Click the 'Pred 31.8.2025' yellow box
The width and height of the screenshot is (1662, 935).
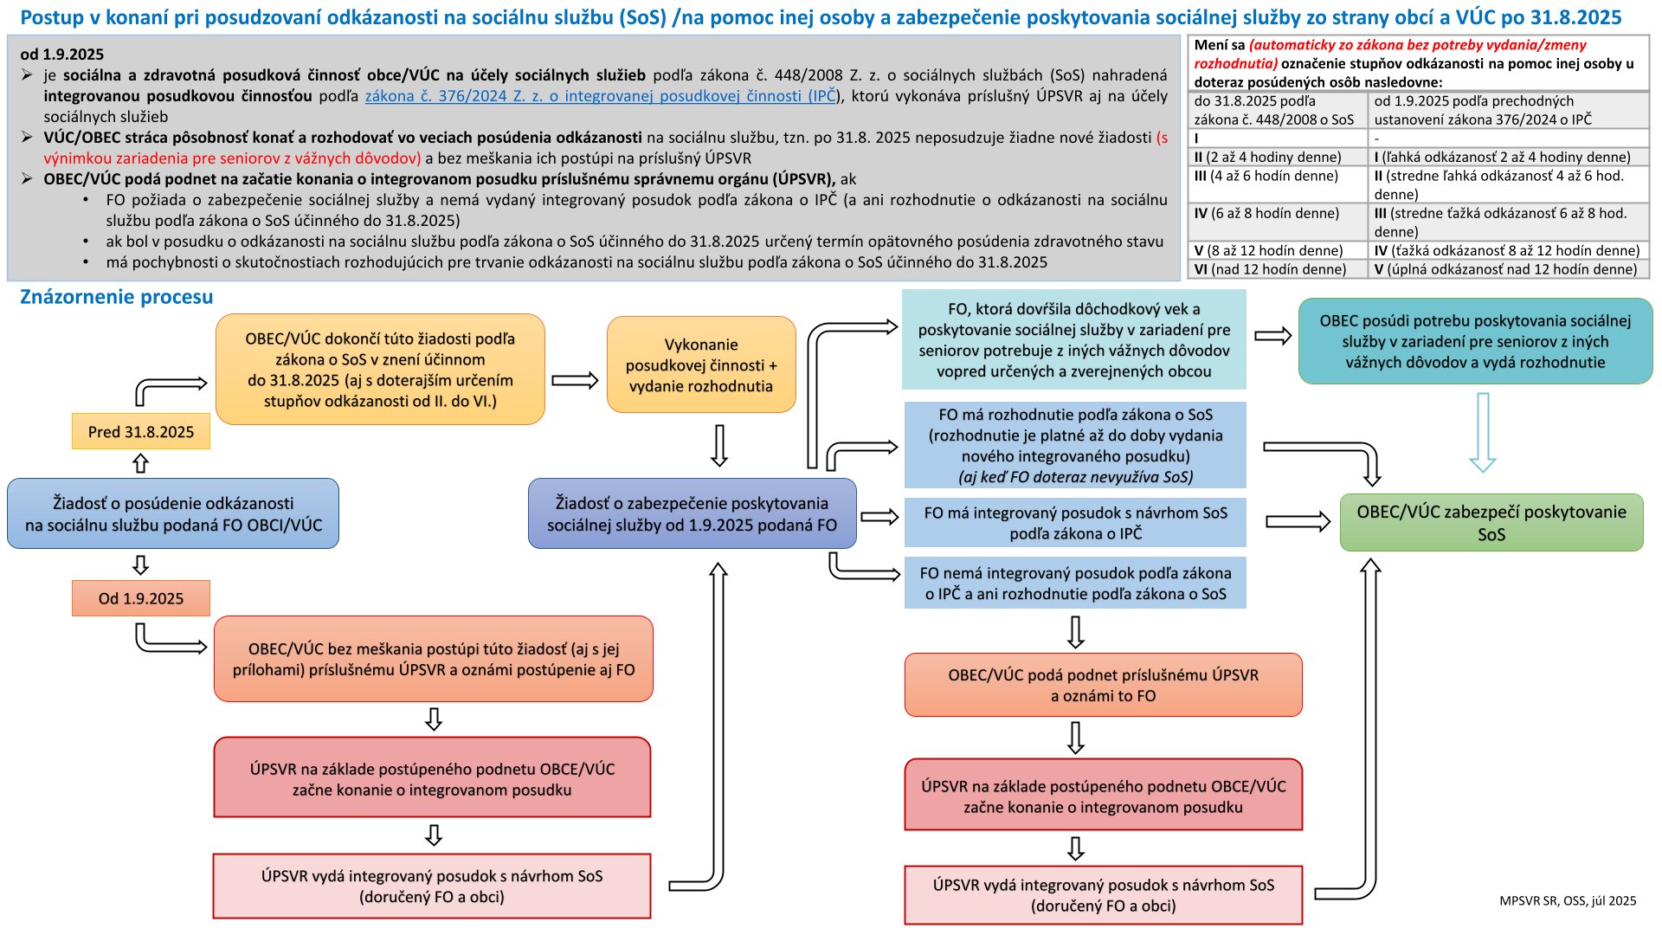(x=140, y=431)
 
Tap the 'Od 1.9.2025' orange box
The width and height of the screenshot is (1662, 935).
(x=140, y=598)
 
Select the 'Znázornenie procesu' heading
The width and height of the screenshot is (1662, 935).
(x=116, y=297)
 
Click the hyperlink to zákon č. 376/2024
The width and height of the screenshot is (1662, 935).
(x=600, y=96)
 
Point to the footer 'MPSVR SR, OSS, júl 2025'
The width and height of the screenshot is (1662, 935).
(x=1568, y=900)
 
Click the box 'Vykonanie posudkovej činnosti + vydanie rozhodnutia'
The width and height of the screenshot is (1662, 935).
(x=701, y=364)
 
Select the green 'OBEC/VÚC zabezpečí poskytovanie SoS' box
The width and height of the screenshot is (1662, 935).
(x=1491, y=522)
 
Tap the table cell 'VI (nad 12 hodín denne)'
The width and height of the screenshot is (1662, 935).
(x=1270, y=269)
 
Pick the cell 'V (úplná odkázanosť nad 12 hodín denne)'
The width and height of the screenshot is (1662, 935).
(x=1505, y=269)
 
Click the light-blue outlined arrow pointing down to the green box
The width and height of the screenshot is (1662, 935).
(x=1483, y=432)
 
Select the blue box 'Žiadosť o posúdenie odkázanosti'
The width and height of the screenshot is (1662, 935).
(x=173, y=513)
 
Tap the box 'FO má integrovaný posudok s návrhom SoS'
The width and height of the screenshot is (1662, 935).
(x=1075, y=522)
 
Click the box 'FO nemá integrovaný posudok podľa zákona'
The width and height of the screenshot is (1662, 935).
(x=1075, y=583)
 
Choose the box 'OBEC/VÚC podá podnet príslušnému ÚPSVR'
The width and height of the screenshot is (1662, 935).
(x=1103, y=685)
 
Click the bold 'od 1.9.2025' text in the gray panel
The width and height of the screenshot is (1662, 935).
(x=61, y=55)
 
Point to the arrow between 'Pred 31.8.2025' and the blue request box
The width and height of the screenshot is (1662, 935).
(x=140, y=464)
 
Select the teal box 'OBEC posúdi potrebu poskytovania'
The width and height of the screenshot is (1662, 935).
(x=1475, y=341)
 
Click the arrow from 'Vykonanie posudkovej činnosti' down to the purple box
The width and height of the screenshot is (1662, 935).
(x=718, y=445)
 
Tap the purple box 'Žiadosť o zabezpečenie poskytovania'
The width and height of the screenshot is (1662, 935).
(x=692, y=513)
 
